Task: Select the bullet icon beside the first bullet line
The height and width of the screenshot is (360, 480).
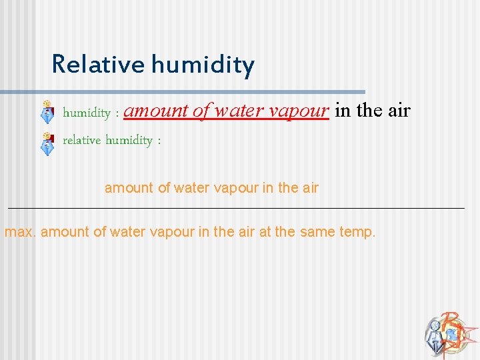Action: pyautogui.click(x=47, y=112)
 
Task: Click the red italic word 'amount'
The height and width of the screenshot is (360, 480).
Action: pyautogui.click(x=156, y=111)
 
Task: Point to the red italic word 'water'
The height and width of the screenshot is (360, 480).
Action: pyautogui.click(x=235, y=111)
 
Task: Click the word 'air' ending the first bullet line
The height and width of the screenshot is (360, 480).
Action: pyautogui.click(x=399, y=111)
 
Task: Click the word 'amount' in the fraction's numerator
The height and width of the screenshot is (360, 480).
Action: pyautogui.click(x=129, y=188)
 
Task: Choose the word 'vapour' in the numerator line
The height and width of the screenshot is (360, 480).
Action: pyautogui.click(x=236, y=189)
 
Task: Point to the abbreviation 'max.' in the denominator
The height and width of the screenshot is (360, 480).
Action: pyautogui.click(x=21, y=233)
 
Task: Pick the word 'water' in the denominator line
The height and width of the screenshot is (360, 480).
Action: pyautogui.click(x=126, y=233)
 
